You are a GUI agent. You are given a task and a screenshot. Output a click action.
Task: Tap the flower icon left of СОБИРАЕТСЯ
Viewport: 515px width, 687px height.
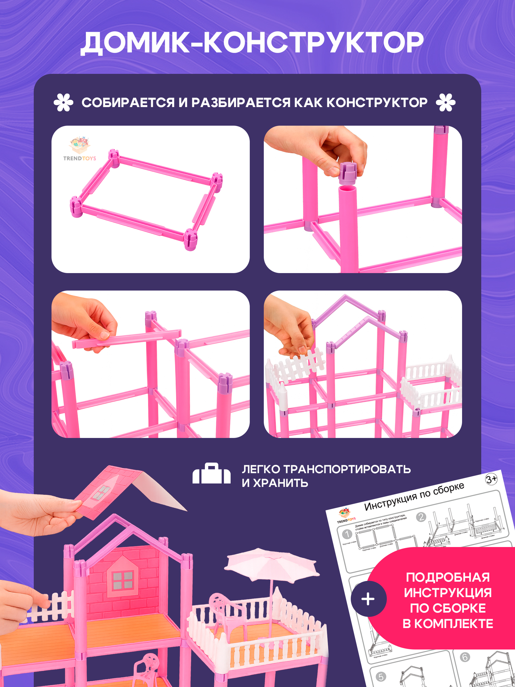[x=63, y=102]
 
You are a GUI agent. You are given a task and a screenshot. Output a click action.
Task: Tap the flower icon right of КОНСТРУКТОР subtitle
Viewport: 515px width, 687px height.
[x=445, y=102]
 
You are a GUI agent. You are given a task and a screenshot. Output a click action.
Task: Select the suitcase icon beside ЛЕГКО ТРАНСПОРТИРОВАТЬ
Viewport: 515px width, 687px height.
[x=211, y=474]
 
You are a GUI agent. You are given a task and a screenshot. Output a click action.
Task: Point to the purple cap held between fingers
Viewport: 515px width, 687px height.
[x=347, y=173]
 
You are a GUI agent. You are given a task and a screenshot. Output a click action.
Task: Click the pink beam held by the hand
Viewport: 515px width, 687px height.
[x=127, y=339]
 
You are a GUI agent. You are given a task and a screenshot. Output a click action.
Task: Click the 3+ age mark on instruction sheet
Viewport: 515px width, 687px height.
[x=491, y=479]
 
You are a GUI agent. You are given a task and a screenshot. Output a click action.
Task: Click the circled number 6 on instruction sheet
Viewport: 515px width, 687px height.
[x=465, y=657]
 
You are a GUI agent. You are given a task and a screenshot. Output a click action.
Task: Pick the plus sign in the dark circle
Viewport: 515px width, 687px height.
[x=368, y=599]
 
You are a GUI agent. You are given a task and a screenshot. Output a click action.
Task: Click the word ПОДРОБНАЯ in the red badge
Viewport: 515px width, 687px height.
[x=448, y=577]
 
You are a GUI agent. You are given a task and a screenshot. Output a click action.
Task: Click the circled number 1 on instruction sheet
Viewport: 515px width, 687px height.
[x=347, y=534]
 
